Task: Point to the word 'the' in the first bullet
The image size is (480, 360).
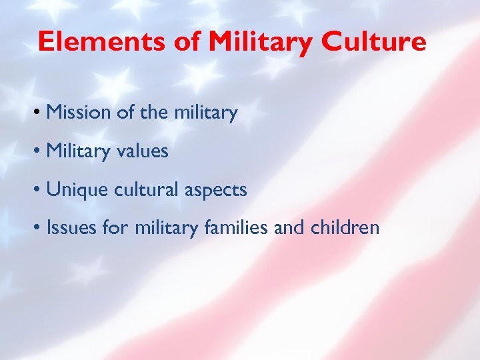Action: tap(149, 113)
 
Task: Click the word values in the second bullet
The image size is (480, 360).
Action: tap(143, 152)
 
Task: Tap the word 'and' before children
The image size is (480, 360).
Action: tap(290, 229)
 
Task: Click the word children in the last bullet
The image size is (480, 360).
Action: tap(345, 229)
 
